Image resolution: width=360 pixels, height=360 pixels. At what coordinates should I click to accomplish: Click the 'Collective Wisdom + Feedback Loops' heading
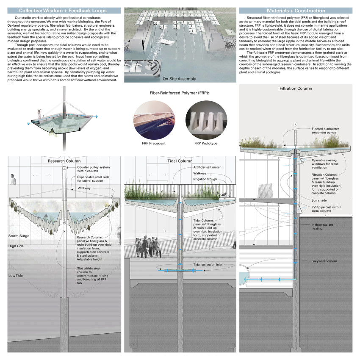coord(62,10)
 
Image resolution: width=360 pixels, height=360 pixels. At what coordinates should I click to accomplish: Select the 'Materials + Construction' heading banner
coord(296,10)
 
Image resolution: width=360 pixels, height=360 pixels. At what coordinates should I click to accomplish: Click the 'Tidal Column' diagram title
coord(179,161)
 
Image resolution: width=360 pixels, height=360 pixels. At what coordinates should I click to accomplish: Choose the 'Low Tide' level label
coord(16,276)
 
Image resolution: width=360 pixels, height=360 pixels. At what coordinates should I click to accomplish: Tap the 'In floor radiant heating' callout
coord(324,227)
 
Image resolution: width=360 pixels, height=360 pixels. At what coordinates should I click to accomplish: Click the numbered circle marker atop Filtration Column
coord(295,124)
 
